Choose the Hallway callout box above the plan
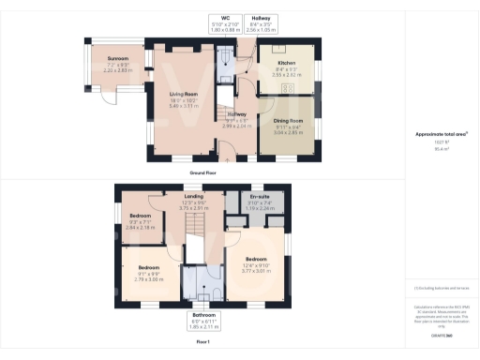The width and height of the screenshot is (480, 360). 266,23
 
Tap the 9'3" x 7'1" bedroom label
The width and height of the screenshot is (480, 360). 140,223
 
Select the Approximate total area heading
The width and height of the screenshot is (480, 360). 441,134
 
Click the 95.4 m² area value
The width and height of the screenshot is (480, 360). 441,147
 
